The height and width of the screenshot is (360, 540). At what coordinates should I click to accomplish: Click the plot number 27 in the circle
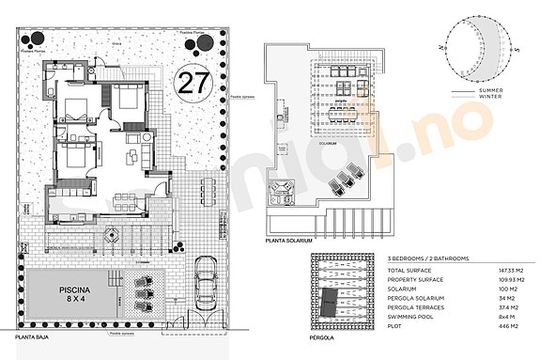[193, 82]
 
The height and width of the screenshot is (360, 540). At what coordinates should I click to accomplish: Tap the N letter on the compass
[440, 44]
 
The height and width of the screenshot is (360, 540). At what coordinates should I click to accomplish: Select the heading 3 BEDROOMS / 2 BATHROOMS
[429, 257]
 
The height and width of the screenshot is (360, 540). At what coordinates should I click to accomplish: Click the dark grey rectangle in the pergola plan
[330, 303]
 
